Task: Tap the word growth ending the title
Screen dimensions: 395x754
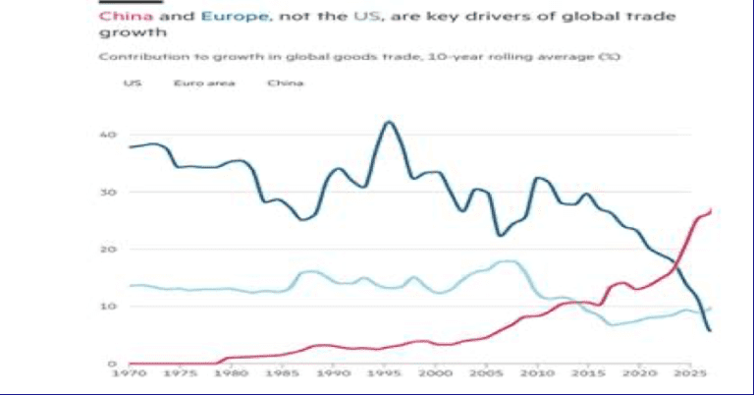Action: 123,36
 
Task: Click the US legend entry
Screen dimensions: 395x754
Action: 131,84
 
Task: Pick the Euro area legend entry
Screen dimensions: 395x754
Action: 195,84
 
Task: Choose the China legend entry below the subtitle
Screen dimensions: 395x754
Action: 286,84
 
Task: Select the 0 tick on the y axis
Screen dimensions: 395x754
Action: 113,364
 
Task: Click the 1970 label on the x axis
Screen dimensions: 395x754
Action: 128,374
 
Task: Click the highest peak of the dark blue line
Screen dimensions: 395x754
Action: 389,122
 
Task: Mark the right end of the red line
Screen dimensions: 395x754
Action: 712,209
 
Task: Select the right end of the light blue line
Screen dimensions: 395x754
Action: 712,309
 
